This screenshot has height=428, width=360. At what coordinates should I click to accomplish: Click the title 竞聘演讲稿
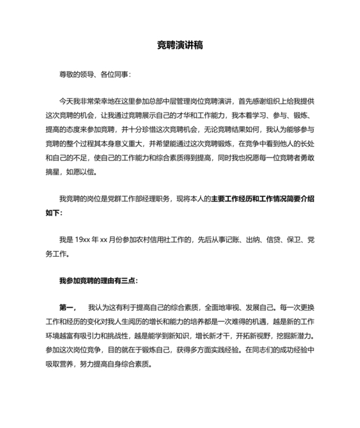coord(180,46)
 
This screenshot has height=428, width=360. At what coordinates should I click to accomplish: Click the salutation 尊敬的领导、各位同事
coord(94,75)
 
